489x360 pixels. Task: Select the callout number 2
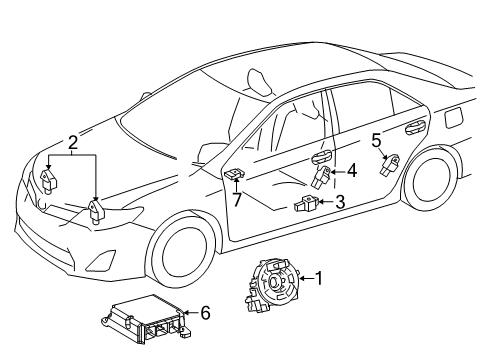pos(72,143)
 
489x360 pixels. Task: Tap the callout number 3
pos(339,203)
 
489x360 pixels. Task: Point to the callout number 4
pos(351,170)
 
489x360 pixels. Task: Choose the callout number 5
pos(376,140)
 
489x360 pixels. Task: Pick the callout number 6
pos(205,313)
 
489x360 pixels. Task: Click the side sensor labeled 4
pos(323,177)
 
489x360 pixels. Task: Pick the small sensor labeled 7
pos(233,175)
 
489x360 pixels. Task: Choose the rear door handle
pos(411,126)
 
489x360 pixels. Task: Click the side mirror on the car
pos(213,149)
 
